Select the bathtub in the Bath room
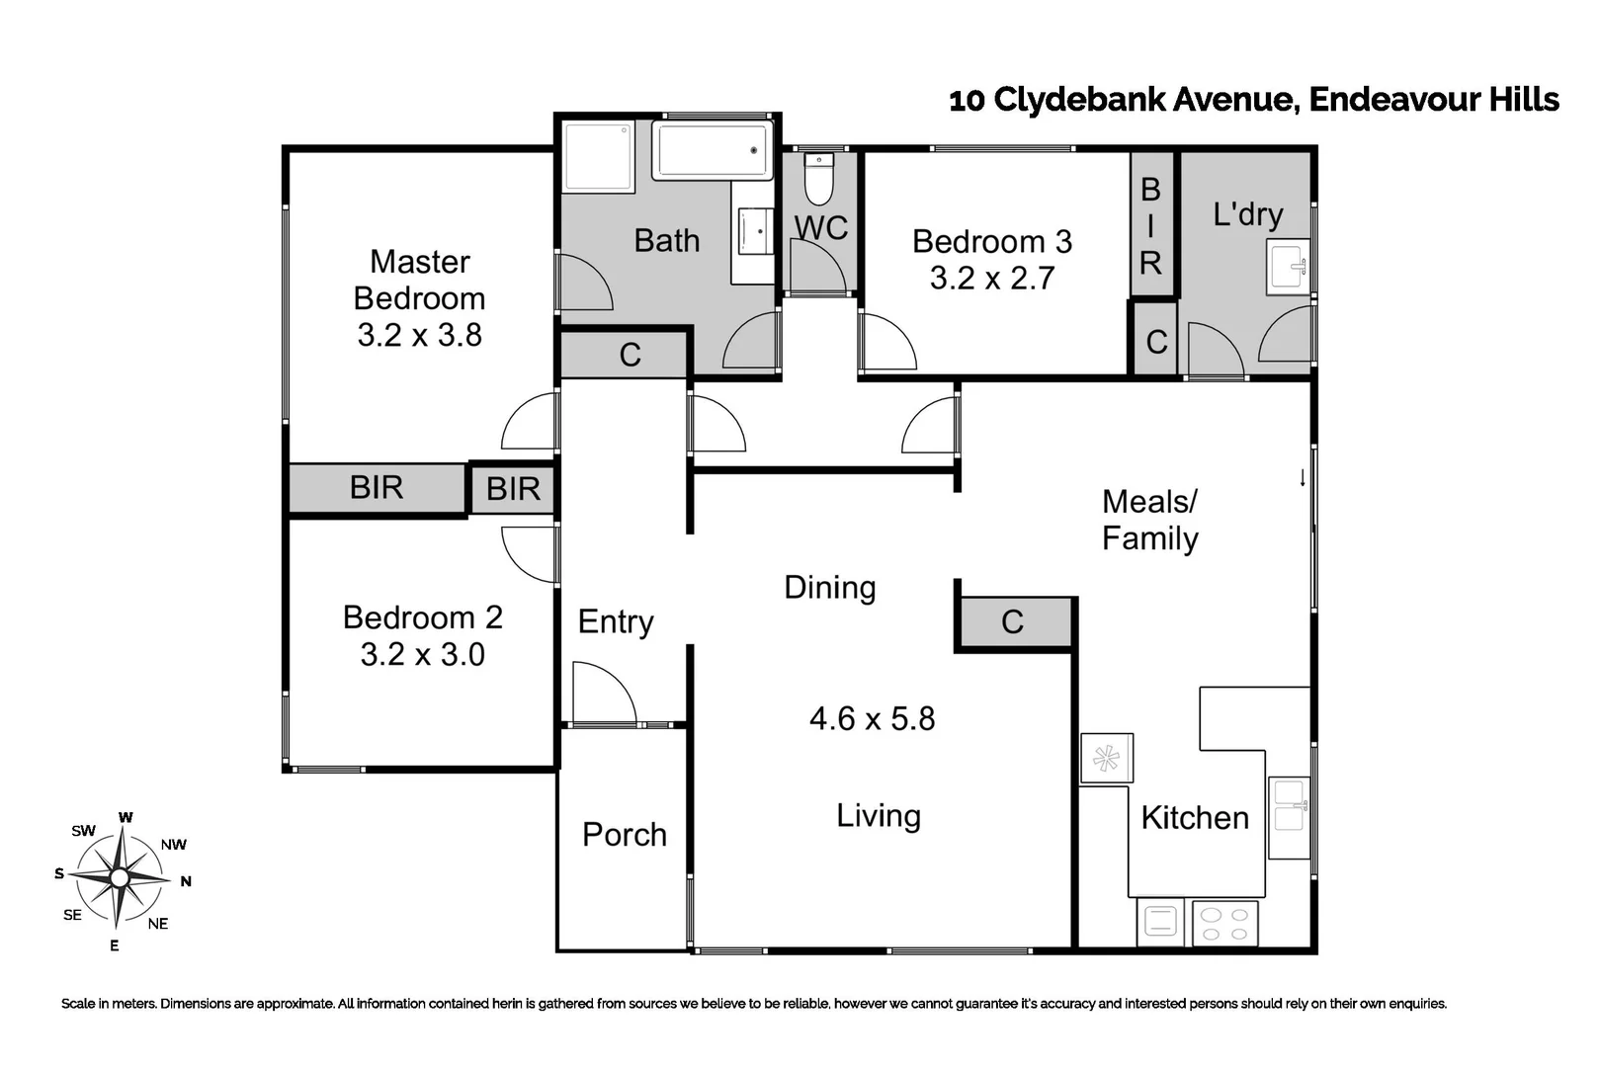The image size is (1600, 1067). pyautogui.click(x=713, y=151)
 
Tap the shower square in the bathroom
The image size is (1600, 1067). pyautogui.click(x=597, y=156)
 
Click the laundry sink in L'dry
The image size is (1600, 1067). pyautogui.click(x=1290, y=266)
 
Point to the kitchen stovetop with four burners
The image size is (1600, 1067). pyautogui.click(x=1224, y=925)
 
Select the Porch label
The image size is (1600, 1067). pyautogui.click(x=624, y=835)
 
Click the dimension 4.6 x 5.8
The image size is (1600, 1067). pyautogui.click(x=872, y=718)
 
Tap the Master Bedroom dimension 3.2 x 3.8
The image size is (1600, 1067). pyautogui.click(x=419, y=335)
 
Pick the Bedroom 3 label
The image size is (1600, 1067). pyautogui.click(x=991, y=242)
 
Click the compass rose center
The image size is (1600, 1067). pyautogui.click(x=120, y=877)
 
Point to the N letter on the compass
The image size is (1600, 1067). pyautogui.click(x=186, y=881)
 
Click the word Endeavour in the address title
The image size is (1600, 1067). pyautogui.click(x=1394, y=100)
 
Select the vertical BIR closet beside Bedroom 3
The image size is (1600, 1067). pyautogui.click(x=1150, y=225)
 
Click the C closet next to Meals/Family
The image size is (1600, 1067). pyautogui.click(x=1013, y=622)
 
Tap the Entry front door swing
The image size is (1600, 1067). pyautogui.click(x=603, y=694)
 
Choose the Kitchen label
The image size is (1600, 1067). pyautogui.click(x=1194, y=818)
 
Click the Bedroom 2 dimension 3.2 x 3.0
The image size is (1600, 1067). pyautogui.click(x=422, y=654)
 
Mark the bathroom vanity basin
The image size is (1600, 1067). pyautogui.click(x=756, y=231)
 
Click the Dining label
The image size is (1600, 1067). pyautogui.click(x=829, y=588)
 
